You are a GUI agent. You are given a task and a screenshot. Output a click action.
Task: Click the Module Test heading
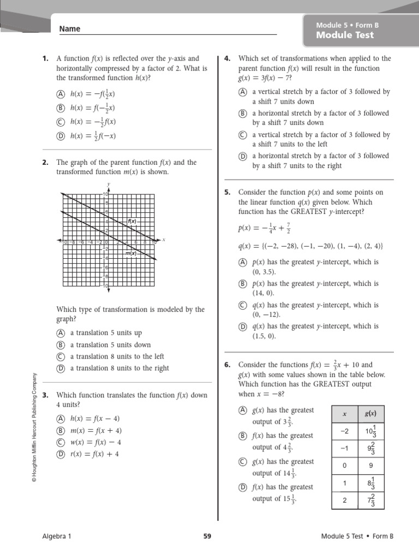pyautogui.click(x=345, y=35)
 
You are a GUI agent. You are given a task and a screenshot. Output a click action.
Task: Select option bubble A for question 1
pyautogui.click(x=61, y=94)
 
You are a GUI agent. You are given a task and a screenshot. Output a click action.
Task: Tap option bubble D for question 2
pyautogui.click(x=61, y=368)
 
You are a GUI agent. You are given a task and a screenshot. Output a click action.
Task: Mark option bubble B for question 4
pyautogui.click(x=243, y=114)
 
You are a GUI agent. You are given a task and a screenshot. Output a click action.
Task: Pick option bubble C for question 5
pyautogui.click(x=243, y=306)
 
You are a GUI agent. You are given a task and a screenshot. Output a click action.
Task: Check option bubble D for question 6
pyautogui.click(x=243, y=487)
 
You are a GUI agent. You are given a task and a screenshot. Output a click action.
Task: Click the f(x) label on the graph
pyautogui.click(x=131, y=221)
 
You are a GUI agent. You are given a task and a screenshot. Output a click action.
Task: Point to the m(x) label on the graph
pyautogui.click(x=130, y=253)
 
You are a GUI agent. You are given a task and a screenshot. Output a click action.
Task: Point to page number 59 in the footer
pyautogui.click(x=207, y=536)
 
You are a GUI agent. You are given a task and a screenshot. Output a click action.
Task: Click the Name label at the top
pyautogui.click(x=69, y=29)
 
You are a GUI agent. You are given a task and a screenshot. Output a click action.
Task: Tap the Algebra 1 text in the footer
pyautogui.click(x=57, y=536)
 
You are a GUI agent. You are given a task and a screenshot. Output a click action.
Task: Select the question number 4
pyautogui.click(x=228, y=58)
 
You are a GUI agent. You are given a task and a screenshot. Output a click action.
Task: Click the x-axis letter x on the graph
pyautogui.click(x=163, y=239)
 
